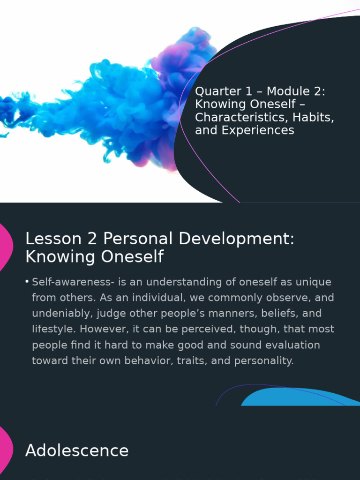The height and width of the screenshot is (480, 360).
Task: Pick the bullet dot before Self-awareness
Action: click(x=27, y=282)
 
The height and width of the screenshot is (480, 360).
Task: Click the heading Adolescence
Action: click(x=77, y=450)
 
